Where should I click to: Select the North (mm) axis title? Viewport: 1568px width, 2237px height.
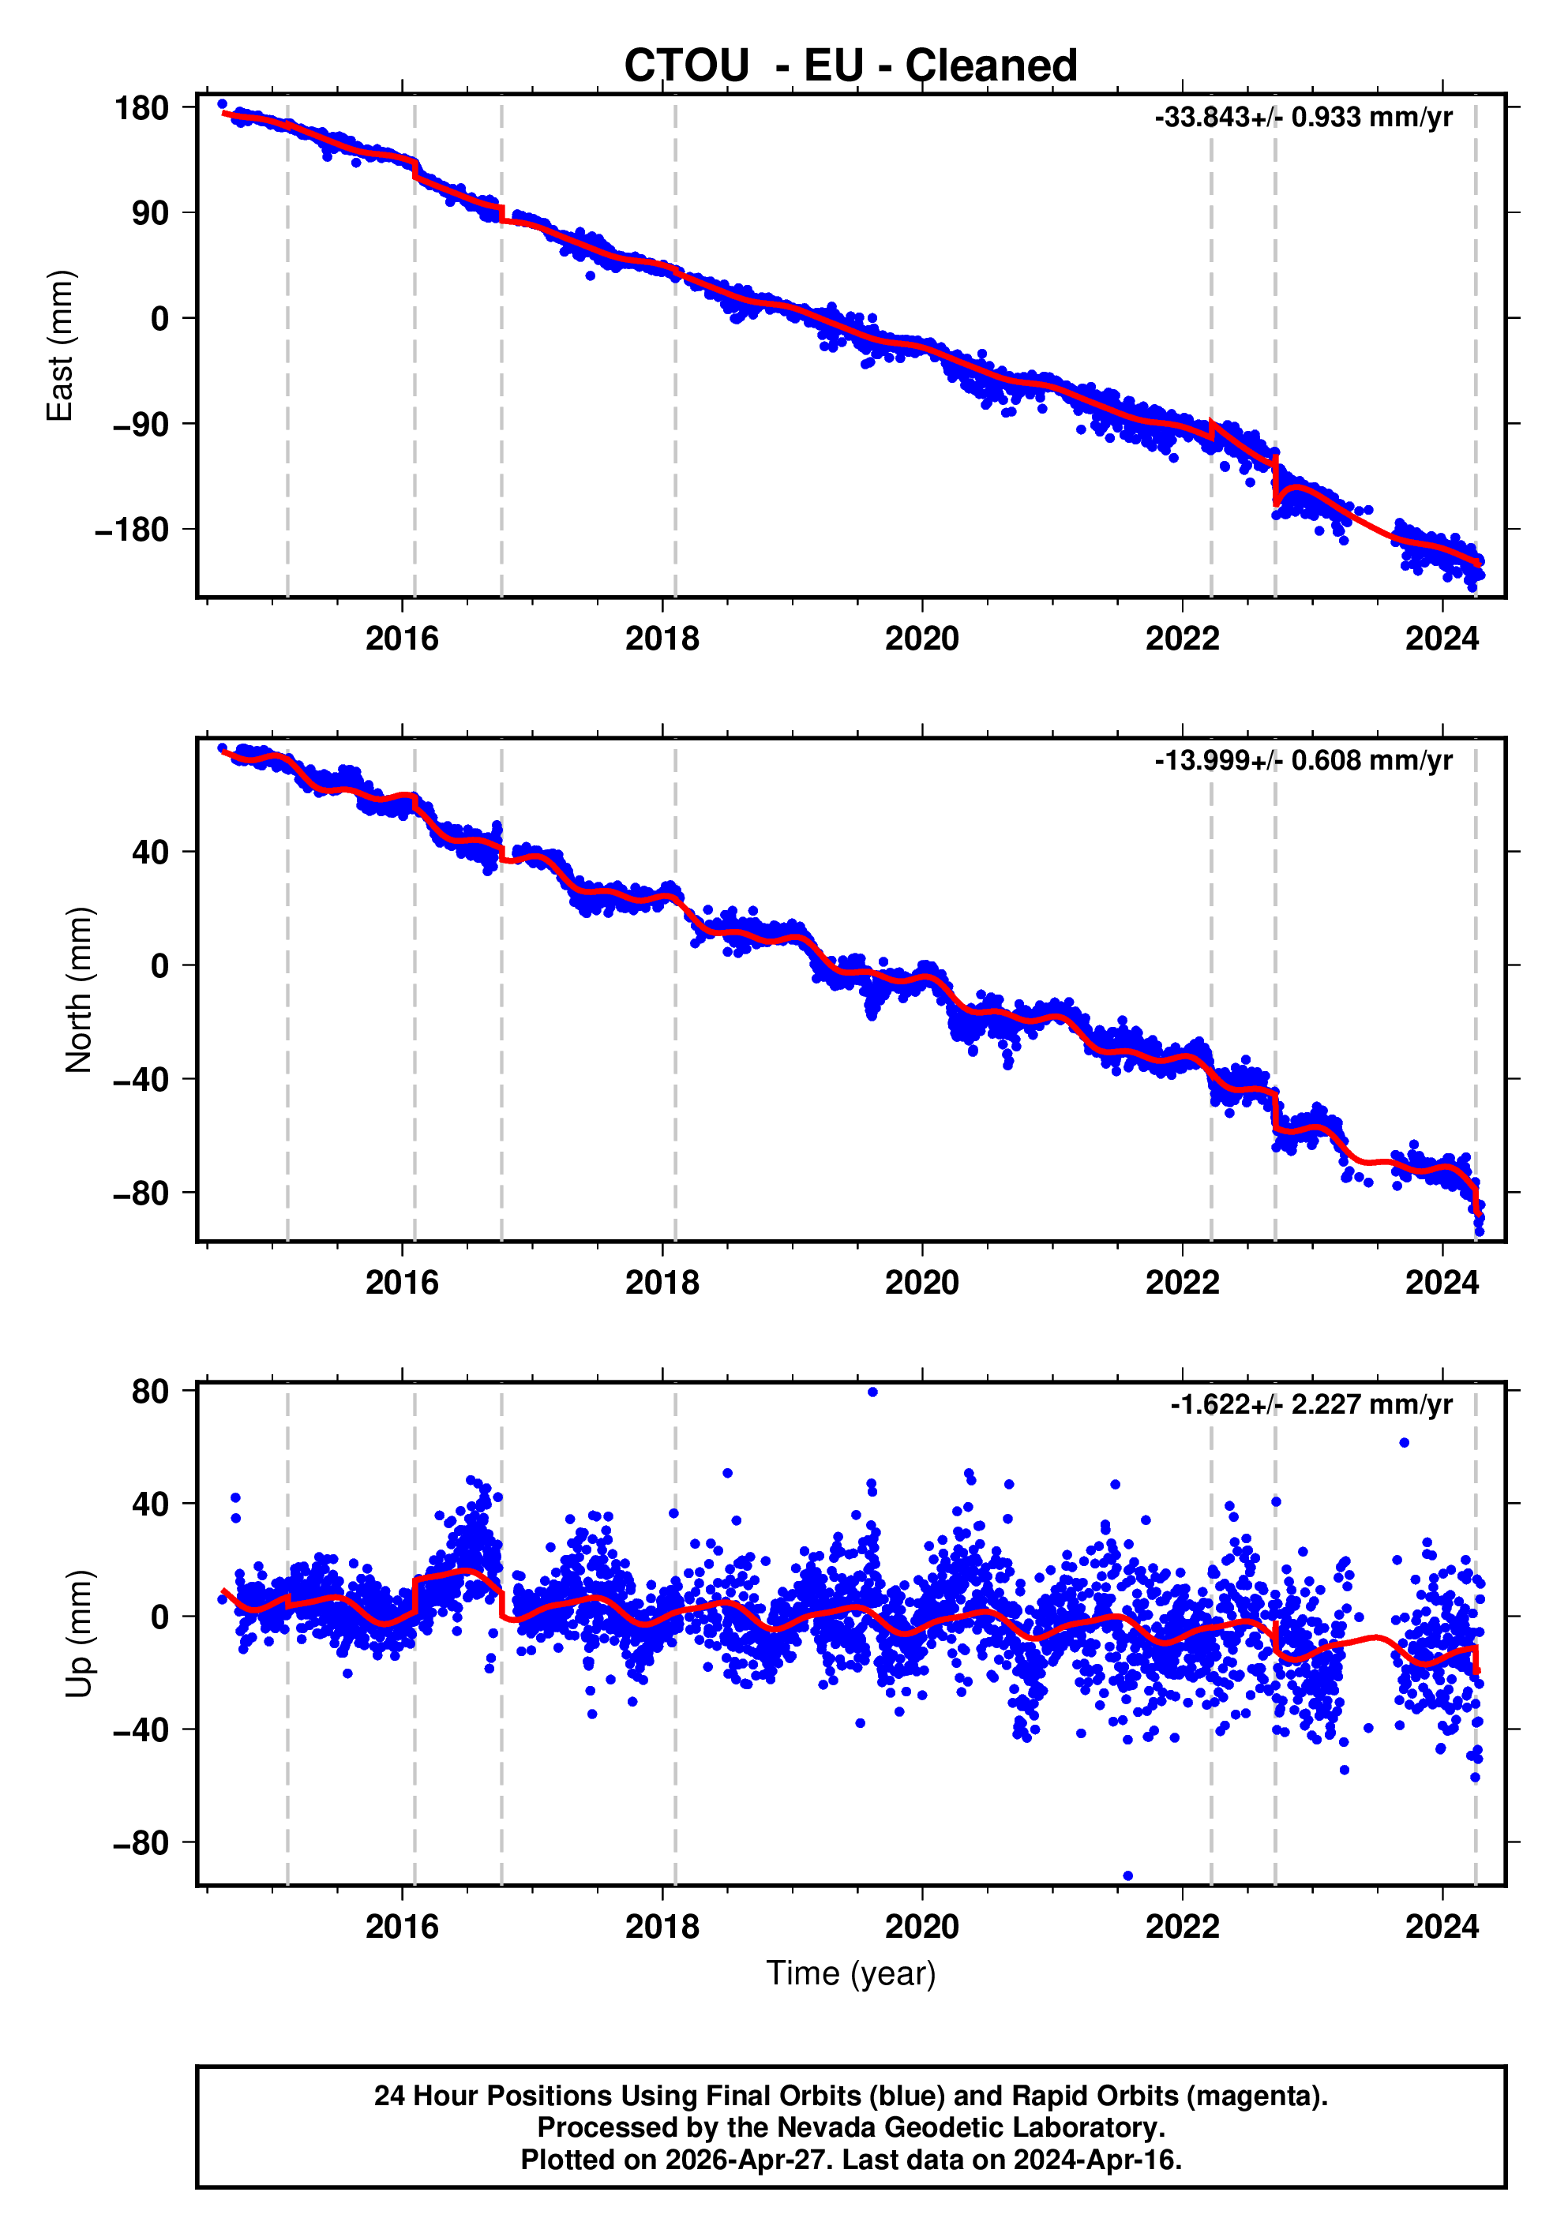click(79, 990)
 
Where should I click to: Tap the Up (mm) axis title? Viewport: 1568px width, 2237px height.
click(79, 1634)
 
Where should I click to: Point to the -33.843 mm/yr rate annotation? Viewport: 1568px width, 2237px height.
click(1303, 117)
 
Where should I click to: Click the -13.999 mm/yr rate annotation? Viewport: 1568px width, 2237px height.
click(1303, 760)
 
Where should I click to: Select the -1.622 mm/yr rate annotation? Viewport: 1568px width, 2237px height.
click(1311, 1404)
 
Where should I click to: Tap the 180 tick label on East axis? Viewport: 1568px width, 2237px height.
click(141, 108)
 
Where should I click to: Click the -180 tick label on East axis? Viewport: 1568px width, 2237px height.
click(132, 530)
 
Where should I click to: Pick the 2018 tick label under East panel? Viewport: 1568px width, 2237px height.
click(662, 639)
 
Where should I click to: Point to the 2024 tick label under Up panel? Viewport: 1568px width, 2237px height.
click(1442, 1927)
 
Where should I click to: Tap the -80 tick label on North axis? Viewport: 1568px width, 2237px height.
click(141, 1193)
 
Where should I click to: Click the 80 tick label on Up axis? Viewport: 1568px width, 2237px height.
click(150, 1392)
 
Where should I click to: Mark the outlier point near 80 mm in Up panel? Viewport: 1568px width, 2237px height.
click(872, 1392)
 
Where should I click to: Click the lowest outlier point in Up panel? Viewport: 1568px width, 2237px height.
click(1127, 1875)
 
